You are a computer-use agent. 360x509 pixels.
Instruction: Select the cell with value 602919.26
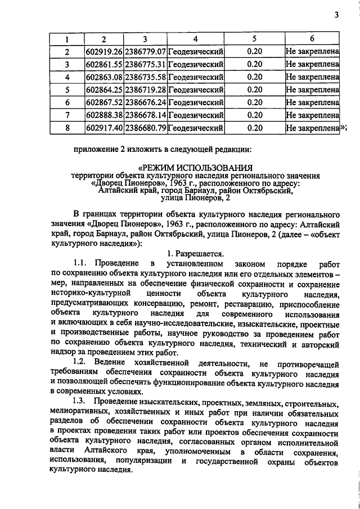[x=104, y=52]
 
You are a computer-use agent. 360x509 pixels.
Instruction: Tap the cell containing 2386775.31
[x=145, y=65]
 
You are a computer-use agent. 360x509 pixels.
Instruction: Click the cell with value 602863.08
[x=104, y=77]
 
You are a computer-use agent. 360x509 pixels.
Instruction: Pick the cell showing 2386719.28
[x=145, y=89]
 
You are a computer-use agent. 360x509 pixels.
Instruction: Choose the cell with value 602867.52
[x=104, y=102]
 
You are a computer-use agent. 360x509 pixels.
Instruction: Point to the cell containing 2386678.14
[x=145, y=115]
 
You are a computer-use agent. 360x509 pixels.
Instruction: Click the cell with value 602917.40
[x=104, y=128]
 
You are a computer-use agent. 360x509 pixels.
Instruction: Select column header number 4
[x=195, y=39]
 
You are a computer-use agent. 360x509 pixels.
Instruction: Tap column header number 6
[x=312, y=39]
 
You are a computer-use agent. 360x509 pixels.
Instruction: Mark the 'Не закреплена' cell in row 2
[x=312, y=52]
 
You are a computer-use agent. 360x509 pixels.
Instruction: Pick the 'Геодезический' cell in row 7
[x=195, y=115]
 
